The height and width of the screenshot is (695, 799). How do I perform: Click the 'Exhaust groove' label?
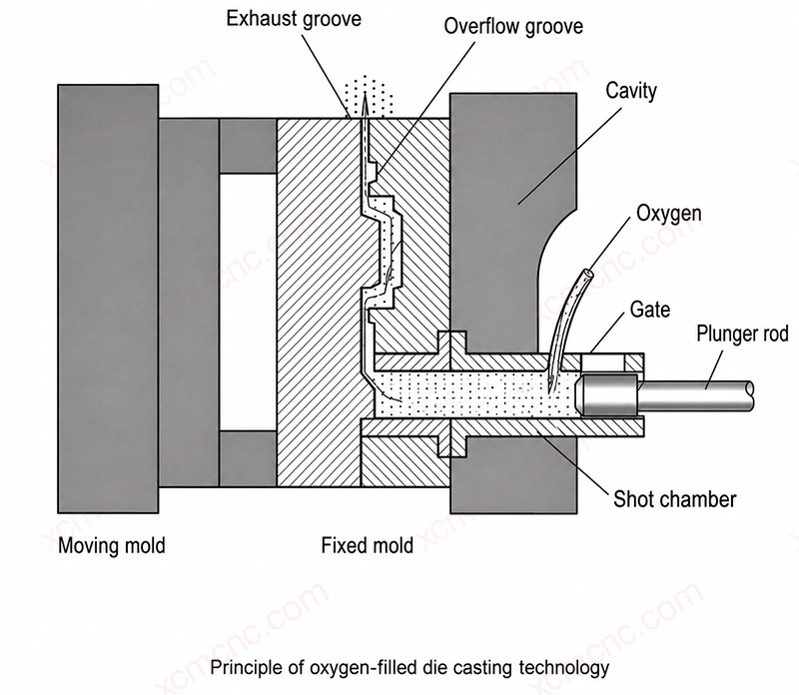point(294,19)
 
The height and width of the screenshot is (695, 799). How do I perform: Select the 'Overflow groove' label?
point(513,27)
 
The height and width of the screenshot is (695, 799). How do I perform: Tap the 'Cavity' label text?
point(631,91)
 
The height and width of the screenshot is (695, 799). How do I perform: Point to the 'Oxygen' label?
point(668,214)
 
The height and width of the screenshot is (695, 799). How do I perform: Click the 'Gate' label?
point(650,310)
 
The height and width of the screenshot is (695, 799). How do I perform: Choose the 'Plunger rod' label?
point(742,334)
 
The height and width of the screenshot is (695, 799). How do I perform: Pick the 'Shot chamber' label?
point(675,499)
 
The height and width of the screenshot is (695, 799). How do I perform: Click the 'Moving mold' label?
point(112,545)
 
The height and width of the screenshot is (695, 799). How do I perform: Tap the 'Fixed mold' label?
point(367,545)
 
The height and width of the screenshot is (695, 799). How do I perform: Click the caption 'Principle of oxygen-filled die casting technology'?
point(409,667)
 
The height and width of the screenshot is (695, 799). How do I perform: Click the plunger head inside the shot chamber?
point(607,393)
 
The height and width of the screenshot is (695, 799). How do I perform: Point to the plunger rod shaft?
point(696,394)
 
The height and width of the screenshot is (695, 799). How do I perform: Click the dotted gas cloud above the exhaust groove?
point(368,97)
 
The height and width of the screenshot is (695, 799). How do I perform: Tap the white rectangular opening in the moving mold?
point(248,303)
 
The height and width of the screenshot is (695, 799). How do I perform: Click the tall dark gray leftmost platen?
point(108,299)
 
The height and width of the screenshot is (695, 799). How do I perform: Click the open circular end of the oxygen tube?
point(588,275)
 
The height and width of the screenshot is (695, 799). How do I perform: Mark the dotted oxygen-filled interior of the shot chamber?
point(476,393)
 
